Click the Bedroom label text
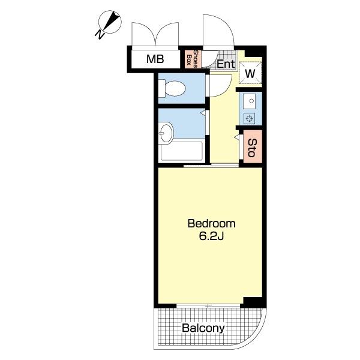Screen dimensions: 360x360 (211, 223)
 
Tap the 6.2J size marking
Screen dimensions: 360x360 (211, 236)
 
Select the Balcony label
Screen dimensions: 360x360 (203, 328)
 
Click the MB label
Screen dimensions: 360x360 (155, 59)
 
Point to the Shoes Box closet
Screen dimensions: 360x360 (193, 59)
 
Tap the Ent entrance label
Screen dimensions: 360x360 (226, 64)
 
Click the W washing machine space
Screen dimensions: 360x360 (250, 73)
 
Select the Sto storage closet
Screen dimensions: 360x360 (253, 147)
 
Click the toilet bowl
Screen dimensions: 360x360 (175, 89)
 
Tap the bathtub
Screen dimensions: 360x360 (181, 151)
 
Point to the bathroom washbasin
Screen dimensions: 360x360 (166, 133)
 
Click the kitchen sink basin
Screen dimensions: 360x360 (250, 101)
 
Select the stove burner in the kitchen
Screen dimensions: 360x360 (250, 119)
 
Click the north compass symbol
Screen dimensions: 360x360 (110, 22)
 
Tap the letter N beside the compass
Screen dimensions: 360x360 (100, 34)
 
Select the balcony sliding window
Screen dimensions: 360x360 (208, 306)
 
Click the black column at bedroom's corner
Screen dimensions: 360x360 (253, 302)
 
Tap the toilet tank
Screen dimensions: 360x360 (161, 88)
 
